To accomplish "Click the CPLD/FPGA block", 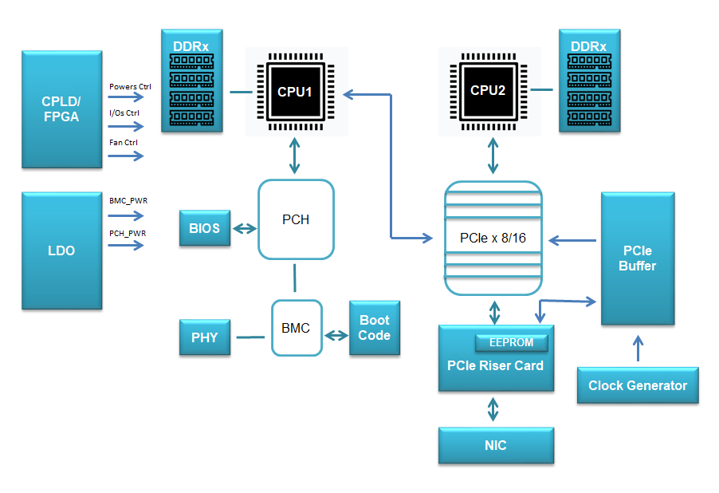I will pos(61,109).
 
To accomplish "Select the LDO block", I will pos(61,250).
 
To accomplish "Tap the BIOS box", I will pos(204,228).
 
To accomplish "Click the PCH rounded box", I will pos(296,219).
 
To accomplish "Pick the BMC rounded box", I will pos(296,328).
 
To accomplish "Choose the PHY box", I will pos(204,337).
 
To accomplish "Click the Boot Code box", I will pos(374,328).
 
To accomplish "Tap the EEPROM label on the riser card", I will pos(511,342).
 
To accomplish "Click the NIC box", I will pos(495,445).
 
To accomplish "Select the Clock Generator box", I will pos(637,385).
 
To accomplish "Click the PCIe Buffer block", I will pos(637,258).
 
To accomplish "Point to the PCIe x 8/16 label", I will pos(492,238).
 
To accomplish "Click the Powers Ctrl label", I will pos(130,86).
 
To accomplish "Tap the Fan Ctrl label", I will pos(124,143).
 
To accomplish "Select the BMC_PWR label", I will pos(128,202).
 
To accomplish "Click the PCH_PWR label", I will pos(128,233).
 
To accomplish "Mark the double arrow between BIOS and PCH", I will pos(244,229).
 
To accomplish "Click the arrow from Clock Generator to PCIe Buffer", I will pos(637,349).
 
